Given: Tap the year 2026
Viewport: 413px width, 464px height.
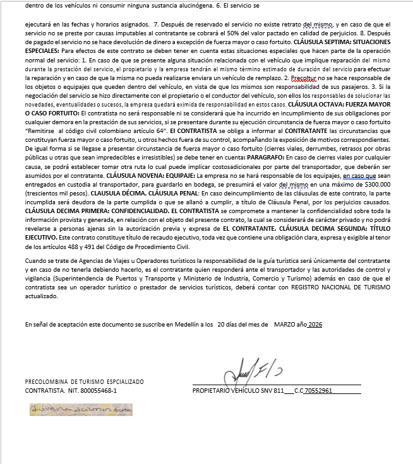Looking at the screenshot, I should [x=314, y=323].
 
